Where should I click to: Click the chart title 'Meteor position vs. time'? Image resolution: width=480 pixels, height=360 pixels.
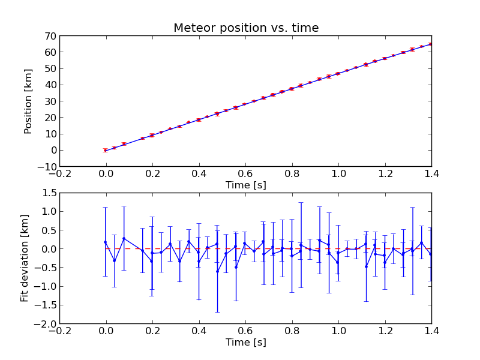[x=246, y=28]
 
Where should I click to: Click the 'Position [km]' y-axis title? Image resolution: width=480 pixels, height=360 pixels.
[x=28, y=101]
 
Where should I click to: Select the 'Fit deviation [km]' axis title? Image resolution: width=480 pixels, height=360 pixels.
[x=25, y=258]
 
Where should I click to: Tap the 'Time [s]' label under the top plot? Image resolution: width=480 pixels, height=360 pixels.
[x=245, y=185]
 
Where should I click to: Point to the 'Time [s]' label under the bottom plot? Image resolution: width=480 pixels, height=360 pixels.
[x=245, y=343]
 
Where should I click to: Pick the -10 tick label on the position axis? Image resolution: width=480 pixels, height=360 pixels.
[x=46, y=167]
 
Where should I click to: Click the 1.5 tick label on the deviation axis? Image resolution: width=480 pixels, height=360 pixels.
[x=48, y=193]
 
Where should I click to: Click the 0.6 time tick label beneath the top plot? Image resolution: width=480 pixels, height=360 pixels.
[x=245, y=174]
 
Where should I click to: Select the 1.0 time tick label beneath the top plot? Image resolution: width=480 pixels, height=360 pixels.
[x=338, y=174]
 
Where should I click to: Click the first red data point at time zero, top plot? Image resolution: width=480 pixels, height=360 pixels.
[x=105, y=150]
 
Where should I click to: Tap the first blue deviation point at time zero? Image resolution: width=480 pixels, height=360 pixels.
[x=106, y=242]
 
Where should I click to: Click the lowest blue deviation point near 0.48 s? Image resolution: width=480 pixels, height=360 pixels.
[x=217, y=271]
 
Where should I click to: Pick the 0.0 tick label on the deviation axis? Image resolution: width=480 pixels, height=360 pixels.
[x=48, y=249]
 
